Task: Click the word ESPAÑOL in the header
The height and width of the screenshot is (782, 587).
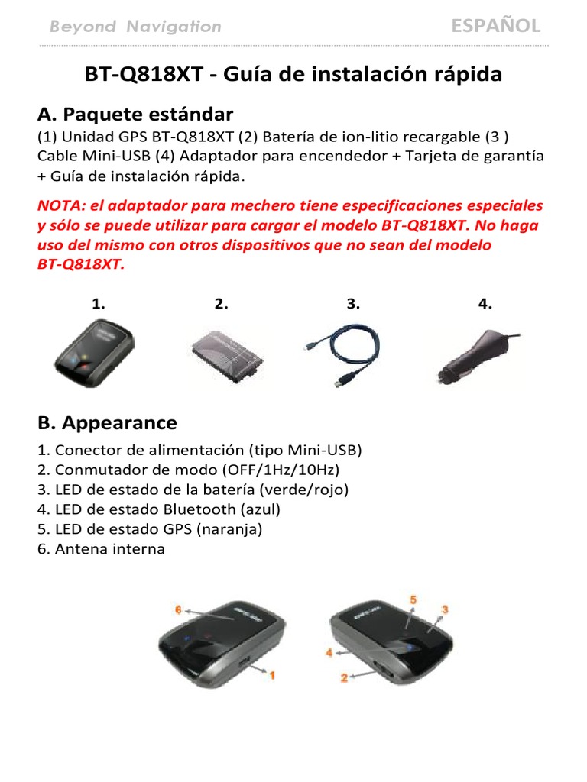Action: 495,26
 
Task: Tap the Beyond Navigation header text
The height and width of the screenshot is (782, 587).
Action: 135,27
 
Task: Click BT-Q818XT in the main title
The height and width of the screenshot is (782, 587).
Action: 144,75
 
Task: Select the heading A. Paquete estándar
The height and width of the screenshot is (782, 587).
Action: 135,115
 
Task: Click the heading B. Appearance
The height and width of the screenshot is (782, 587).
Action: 107,422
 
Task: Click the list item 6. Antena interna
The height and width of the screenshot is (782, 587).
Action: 101,548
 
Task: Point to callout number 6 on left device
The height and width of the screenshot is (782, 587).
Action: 178,610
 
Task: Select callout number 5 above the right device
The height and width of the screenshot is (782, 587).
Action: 412,601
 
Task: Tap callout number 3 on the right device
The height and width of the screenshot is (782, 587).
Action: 444,609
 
